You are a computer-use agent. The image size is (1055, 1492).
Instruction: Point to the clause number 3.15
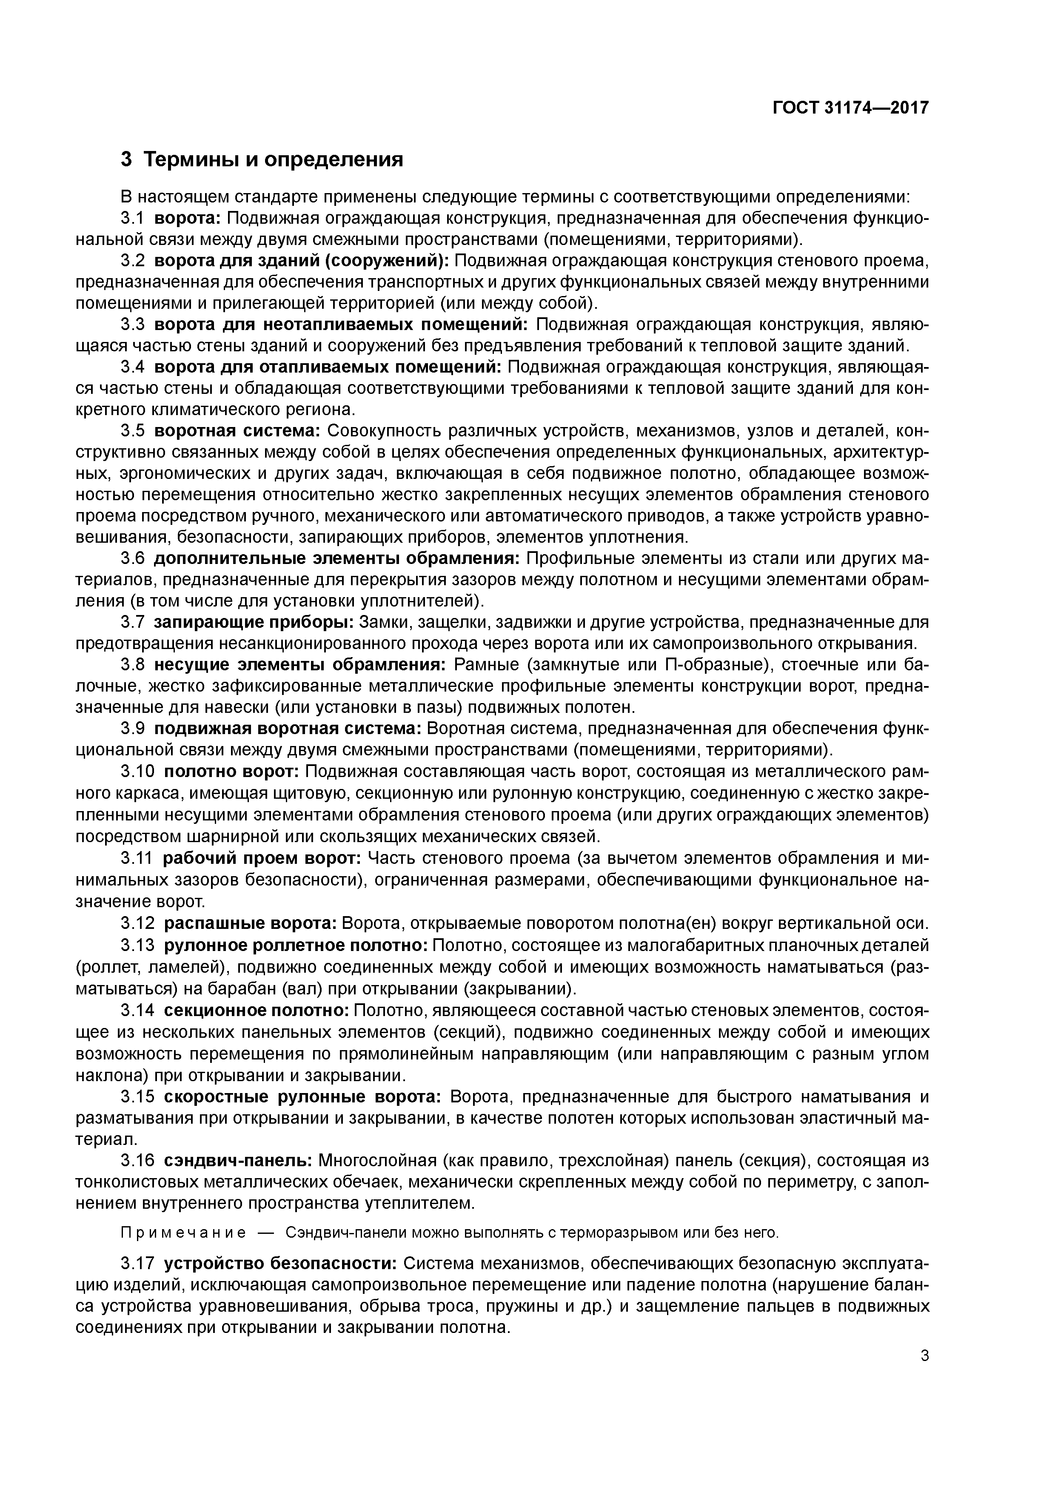click(x=138, y=1097)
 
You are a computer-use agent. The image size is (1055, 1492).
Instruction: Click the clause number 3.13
click(x=138, y=945)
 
